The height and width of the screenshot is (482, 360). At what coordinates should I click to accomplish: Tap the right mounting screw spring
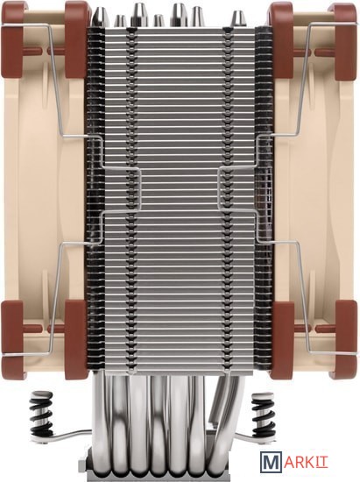pos(262,414)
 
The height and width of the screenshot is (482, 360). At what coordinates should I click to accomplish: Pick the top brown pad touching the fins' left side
pos(75,39)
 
